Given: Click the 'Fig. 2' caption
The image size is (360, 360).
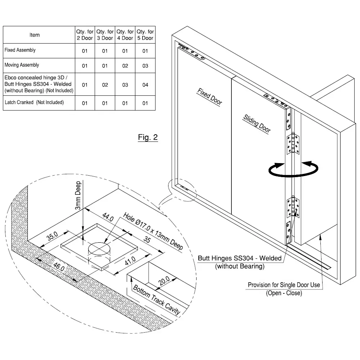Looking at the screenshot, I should click(x=148, y=138).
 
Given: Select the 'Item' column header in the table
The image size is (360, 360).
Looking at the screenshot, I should click(x=35, y=35).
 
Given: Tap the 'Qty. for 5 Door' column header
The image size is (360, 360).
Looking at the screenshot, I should click(x=145, y=35).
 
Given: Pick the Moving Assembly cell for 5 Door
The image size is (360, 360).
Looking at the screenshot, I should click(x=145, y=66).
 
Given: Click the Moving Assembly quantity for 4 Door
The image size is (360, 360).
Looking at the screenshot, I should click(x=125, y=66).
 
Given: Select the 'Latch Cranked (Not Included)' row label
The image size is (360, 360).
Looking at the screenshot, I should click(x=34, y=103).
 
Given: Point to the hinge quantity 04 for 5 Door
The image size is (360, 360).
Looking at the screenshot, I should click(x=145, y=85).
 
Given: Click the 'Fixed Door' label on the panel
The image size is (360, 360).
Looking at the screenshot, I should click(x=210, y=96).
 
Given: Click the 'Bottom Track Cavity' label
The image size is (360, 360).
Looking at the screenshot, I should click(x=156, y=300).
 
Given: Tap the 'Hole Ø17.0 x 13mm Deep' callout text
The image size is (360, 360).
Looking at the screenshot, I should click(x=153, y=231).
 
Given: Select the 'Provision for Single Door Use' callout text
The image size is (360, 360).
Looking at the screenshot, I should click(x=284, y=285).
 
